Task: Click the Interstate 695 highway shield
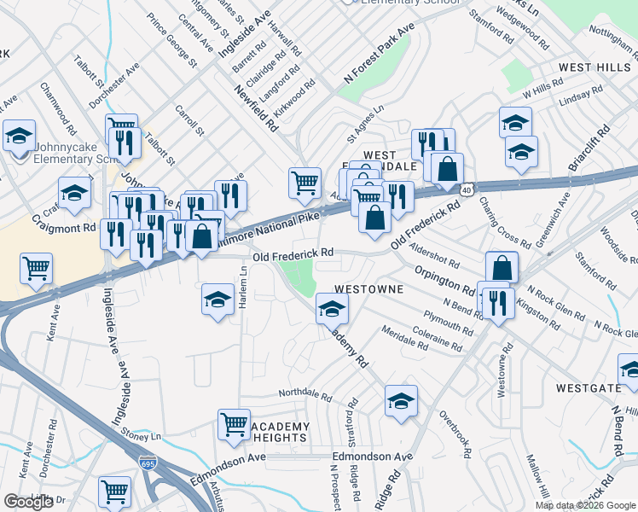146,462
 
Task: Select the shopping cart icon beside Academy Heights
234,423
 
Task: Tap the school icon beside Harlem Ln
217,300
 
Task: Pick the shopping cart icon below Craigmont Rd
36,268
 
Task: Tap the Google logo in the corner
29,502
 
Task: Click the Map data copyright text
585,505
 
